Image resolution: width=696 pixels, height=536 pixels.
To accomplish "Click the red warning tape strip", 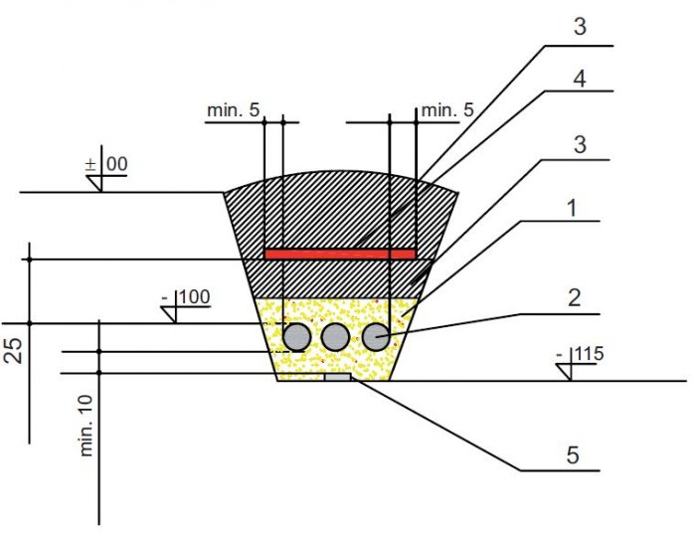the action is [x=340, y=254].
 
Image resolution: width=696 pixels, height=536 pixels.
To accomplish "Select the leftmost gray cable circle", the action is [x=297, y=337].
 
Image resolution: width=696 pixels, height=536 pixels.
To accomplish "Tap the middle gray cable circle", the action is [x=335, y=337].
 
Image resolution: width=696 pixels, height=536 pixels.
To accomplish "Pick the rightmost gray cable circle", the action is [x=376, y=337].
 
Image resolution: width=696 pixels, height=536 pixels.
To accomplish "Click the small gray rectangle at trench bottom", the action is [x=338, y=377].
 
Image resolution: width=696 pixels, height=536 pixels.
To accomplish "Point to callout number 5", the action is [x=573, y=455].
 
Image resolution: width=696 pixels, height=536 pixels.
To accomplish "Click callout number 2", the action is [x=574, y=298].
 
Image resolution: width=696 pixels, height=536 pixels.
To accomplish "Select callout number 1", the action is [x=572, y=208].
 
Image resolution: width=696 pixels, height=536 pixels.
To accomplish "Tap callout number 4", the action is [x=580, y=79].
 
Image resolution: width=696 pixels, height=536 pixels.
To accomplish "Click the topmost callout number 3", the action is [x=580, y=27].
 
